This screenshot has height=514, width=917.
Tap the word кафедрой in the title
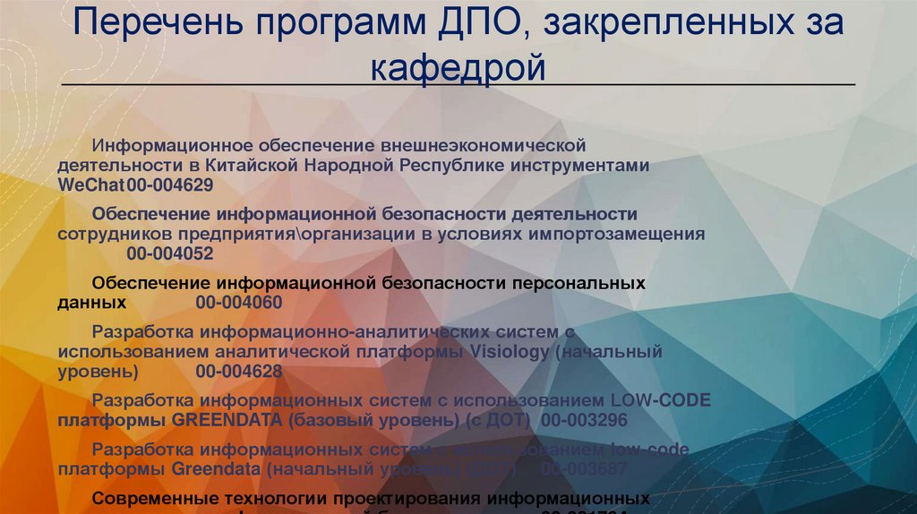458,66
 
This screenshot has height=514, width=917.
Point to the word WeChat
91,185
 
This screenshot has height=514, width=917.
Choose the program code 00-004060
238,302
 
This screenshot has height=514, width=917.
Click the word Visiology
508,352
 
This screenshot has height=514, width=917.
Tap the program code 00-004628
238,371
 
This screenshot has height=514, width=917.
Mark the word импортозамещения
619,234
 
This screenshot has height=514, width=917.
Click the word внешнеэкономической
484,145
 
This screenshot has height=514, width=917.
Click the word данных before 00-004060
91,302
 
